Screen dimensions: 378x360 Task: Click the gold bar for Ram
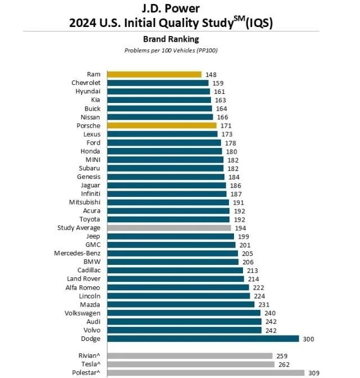tap(154, 74)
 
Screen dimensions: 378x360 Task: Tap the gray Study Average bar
tap(169, 228)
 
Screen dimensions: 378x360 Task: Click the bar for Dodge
tap(202, 339)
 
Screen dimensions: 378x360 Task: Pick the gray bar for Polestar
tap(205, 372)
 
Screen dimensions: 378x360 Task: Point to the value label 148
tap(211, 74)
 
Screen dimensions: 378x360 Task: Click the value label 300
tap(308, 339)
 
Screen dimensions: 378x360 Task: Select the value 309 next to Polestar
tap(313, 372)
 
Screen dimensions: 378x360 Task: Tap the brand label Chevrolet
tap(85, 83)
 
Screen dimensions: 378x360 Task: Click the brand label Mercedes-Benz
tap(78, 253)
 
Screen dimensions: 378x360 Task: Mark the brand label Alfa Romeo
tap(83, 287)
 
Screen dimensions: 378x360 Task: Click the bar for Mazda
tap(181, 304)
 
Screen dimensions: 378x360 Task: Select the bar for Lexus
tap(162, 134)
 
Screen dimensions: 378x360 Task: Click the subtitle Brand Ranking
tap(170, 39)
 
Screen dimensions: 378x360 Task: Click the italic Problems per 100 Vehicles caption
tap(170, 50)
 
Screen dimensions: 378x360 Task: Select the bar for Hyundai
tap(158, 91)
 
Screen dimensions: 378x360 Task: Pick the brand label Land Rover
tap(84, 279)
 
